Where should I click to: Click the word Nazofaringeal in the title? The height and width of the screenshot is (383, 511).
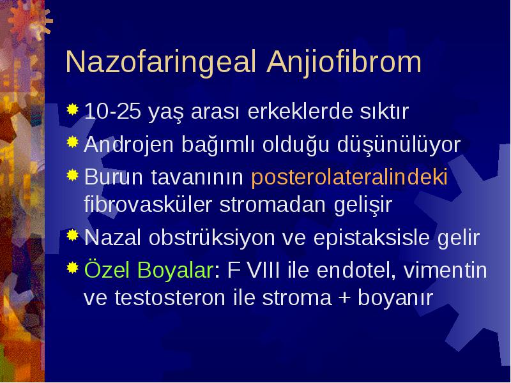pyautogui.click(x=161, y=63)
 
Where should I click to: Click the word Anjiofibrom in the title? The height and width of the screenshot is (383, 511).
pyautogui.click(x=344, y=63)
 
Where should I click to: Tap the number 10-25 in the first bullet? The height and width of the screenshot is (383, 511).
pyautogui.click(x=113, y=111)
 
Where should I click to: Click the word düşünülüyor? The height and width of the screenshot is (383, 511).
pyautogui.click(x=399, y=145)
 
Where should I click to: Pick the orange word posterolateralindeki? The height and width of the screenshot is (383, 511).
pyautogui.click(x=349, y=177)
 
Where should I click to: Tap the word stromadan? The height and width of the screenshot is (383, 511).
pyautogui.click(x=273, y=204)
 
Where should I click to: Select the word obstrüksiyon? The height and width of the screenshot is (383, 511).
pyautogui.click(x=212, y=237)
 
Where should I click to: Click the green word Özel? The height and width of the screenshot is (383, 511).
pyautogui.click(x=107, y=269)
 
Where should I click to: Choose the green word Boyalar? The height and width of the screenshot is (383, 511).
pyautogui.click(x=175, y=270)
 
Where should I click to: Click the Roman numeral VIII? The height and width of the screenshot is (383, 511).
pyautogui.click(x=264, y=270)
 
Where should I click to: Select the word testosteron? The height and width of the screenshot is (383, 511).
pyautogui.click(x=170, y=297)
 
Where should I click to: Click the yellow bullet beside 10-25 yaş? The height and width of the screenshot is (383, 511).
pyautogui.click(x=73, y=109)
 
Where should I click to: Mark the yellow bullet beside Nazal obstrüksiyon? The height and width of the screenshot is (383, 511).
pyautogui.click(x=73, y=235)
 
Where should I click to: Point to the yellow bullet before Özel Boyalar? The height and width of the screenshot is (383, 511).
pyautogui.click(x=73, y=267)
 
